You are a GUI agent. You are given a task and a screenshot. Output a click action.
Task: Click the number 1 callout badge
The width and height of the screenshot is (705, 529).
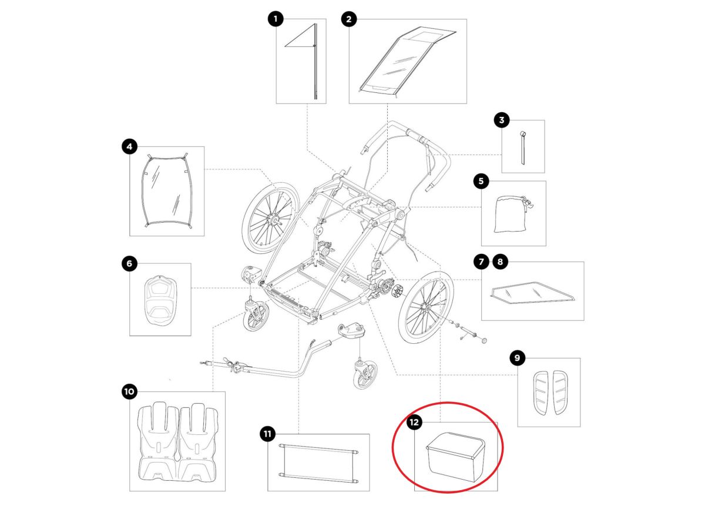point(276,19)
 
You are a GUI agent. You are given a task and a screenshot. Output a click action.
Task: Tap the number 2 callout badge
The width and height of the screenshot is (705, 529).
point(348,19)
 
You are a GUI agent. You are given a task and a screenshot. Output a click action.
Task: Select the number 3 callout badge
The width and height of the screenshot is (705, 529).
point(501,120)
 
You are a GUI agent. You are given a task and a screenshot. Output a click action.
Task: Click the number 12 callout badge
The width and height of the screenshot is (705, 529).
point(414,422)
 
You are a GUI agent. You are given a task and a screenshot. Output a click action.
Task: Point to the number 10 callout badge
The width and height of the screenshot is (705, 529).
point(129,391)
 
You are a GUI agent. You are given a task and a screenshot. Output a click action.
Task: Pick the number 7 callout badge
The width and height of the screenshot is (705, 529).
point(481,262)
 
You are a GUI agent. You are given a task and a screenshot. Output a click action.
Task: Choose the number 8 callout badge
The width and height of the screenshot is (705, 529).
point(500,262)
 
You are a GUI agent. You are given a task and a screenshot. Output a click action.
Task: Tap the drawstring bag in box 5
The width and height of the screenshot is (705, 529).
point(511,213)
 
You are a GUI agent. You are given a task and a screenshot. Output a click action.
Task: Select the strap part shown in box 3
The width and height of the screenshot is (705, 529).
point(522,148)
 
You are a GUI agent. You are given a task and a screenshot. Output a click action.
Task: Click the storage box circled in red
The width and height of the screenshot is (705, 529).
point(455,457)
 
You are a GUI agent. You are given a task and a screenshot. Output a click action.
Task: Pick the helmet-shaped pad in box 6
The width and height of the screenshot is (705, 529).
point(160,300)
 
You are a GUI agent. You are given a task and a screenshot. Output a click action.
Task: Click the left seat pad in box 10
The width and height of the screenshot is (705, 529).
point(157,441)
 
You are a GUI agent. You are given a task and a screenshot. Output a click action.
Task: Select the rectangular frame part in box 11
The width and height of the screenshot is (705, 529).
point(318,463)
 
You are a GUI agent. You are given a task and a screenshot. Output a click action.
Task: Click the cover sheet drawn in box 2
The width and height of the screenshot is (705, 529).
point(407,61)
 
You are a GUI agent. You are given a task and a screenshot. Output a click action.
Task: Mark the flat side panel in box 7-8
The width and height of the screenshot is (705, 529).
point(532,293)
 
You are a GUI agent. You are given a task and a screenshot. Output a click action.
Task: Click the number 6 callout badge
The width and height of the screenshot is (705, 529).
point(129,263)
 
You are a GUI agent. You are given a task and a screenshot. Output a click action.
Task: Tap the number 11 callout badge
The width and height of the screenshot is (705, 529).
point(267,434)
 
